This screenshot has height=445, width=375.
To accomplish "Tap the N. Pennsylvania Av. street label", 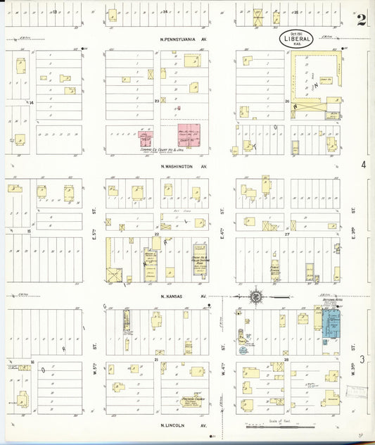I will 184,40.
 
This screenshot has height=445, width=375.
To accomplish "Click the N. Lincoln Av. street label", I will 184,425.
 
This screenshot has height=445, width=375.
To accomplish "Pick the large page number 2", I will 361,19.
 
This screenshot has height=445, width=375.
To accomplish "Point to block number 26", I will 287,101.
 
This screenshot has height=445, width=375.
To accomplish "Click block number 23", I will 158,101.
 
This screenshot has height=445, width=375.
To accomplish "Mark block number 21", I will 158,360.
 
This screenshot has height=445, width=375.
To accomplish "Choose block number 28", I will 287,360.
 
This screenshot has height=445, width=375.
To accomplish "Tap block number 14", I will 31,102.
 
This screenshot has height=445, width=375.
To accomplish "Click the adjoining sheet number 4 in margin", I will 364,164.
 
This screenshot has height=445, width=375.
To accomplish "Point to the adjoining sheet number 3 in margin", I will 364,360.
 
